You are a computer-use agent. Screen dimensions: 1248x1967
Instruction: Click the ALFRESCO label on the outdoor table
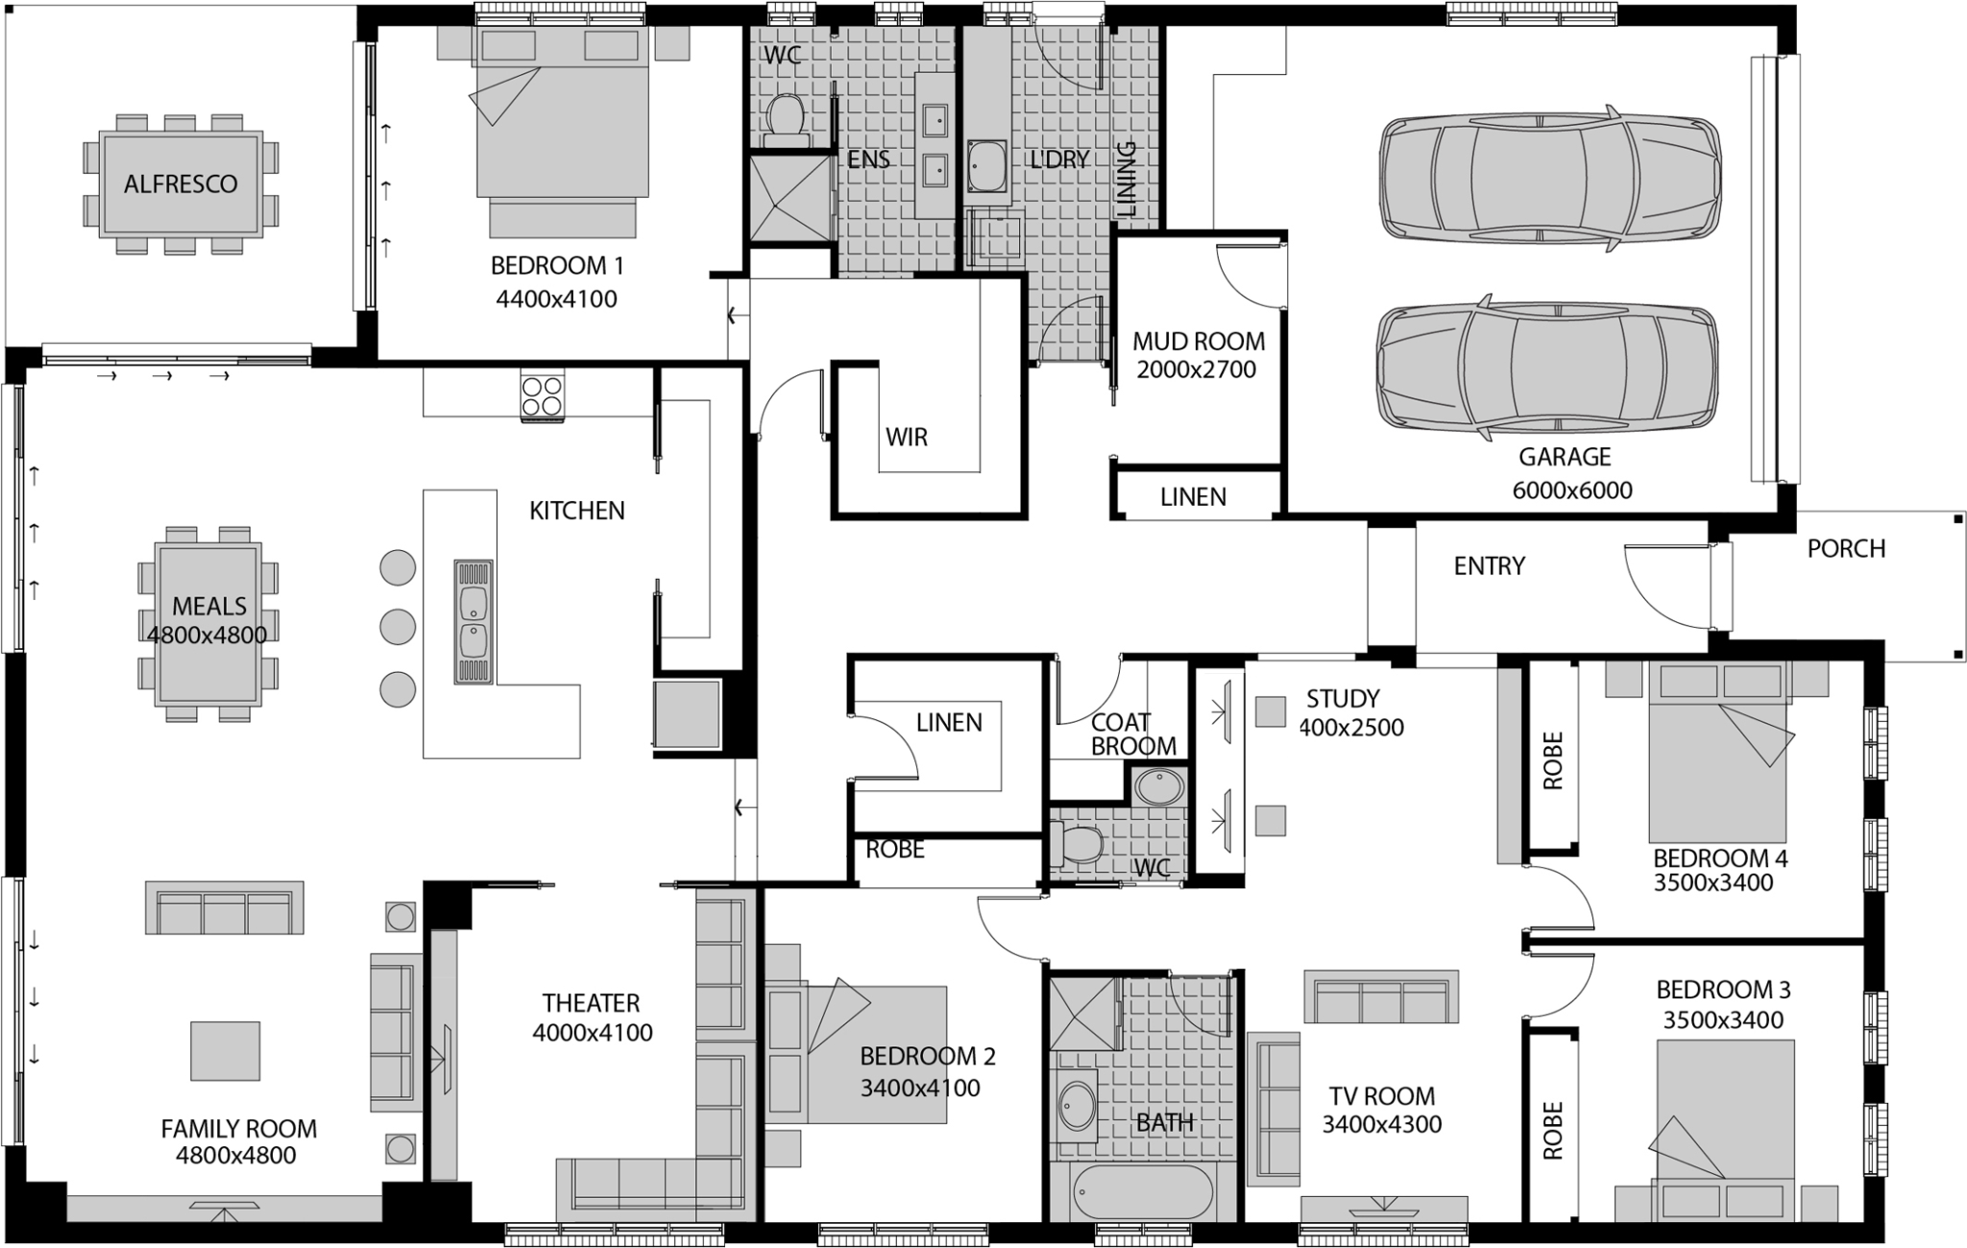point(181,184)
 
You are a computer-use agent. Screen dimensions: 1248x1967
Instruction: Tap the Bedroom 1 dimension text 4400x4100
point(556,300)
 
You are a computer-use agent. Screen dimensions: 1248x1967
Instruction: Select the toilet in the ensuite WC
point(787,117)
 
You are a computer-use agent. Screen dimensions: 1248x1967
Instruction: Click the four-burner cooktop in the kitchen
point(542,396)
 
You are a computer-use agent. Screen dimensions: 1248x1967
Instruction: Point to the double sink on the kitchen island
point(473,621)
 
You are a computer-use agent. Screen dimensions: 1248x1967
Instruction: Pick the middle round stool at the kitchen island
point(398,628)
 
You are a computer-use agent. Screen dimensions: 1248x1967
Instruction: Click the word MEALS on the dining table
point(208,606)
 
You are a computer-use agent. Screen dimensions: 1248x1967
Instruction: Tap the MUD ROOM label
point(1198,342)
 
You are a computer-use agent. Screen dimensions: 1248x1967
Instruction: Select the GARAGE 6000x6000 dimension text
point(1571,491)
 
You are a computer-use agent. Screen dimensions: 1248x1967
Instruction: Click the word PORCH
point(1845,549)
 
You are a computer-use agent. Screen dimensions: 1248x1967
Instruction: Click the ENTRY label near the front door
point(1489,566)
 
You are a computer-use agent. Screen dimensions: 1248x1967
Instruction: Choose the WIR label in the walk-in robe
point(906,438)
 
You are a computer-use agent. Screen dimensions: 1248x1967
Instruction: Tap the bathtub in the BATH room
point(1129,1192)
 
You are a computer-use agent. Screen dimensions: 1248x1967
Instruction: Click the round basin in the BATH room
point(1077,1105)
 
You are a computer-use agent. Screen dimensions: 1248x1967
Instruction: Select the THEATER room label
point(590,1003)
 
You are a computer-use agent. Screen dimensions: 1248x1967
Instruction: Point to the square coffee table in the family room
point(225,1051)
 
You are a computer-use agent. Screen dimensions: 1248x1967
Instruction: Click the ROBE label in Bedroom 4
point(1552,760)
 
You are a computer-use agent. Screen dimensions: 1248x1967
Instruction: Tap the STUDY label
point(1343,699)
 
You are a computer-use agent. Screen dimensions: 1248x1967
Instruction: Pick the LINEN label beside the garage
point(1192,497)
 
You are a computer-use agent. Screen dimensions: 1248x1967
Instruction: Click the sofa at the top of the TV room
point(1380,996)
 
